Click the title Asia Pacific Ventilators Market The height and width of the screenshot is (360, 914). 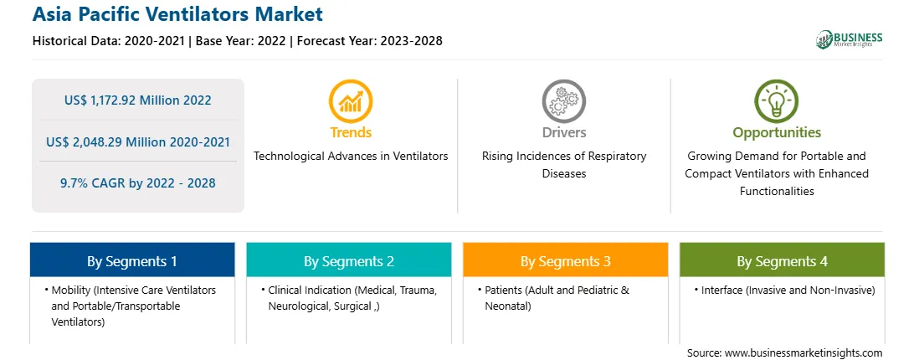click(x=177, y=14)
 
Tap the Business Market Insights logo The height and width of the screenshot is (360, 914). click(x=850, y=39)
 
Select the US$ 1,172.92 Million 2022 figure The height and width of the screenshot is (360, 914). click(x=137, y=100)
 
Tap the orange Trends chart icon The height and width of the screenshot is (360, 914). click(x=351, y=101)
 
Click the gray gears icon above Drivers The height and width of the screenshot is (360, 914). click(x=563, y=101)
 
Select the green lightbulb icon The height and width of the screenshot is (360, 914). click(x=777, y=101)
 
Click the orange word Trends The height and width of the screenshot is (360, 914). click(x=351, y=132)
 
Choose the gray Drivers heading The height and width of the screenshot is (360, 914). click(x=564, y=132)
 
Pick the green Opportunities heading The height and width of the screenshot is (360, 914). click(x=777, y=133)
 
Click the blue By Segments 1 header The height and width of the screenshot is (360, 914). click(x=132, y=260)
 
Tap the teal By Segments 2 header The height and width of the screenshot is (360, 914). click(x=348, y=260)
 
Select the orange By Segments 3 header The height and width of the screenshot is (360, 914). click(x=566, y=260)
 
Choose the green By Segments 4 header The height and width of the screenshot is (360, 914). click(x=783, y=260)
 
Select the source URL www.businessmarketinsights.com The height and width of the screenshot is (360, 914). click(x=804, y=353)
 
